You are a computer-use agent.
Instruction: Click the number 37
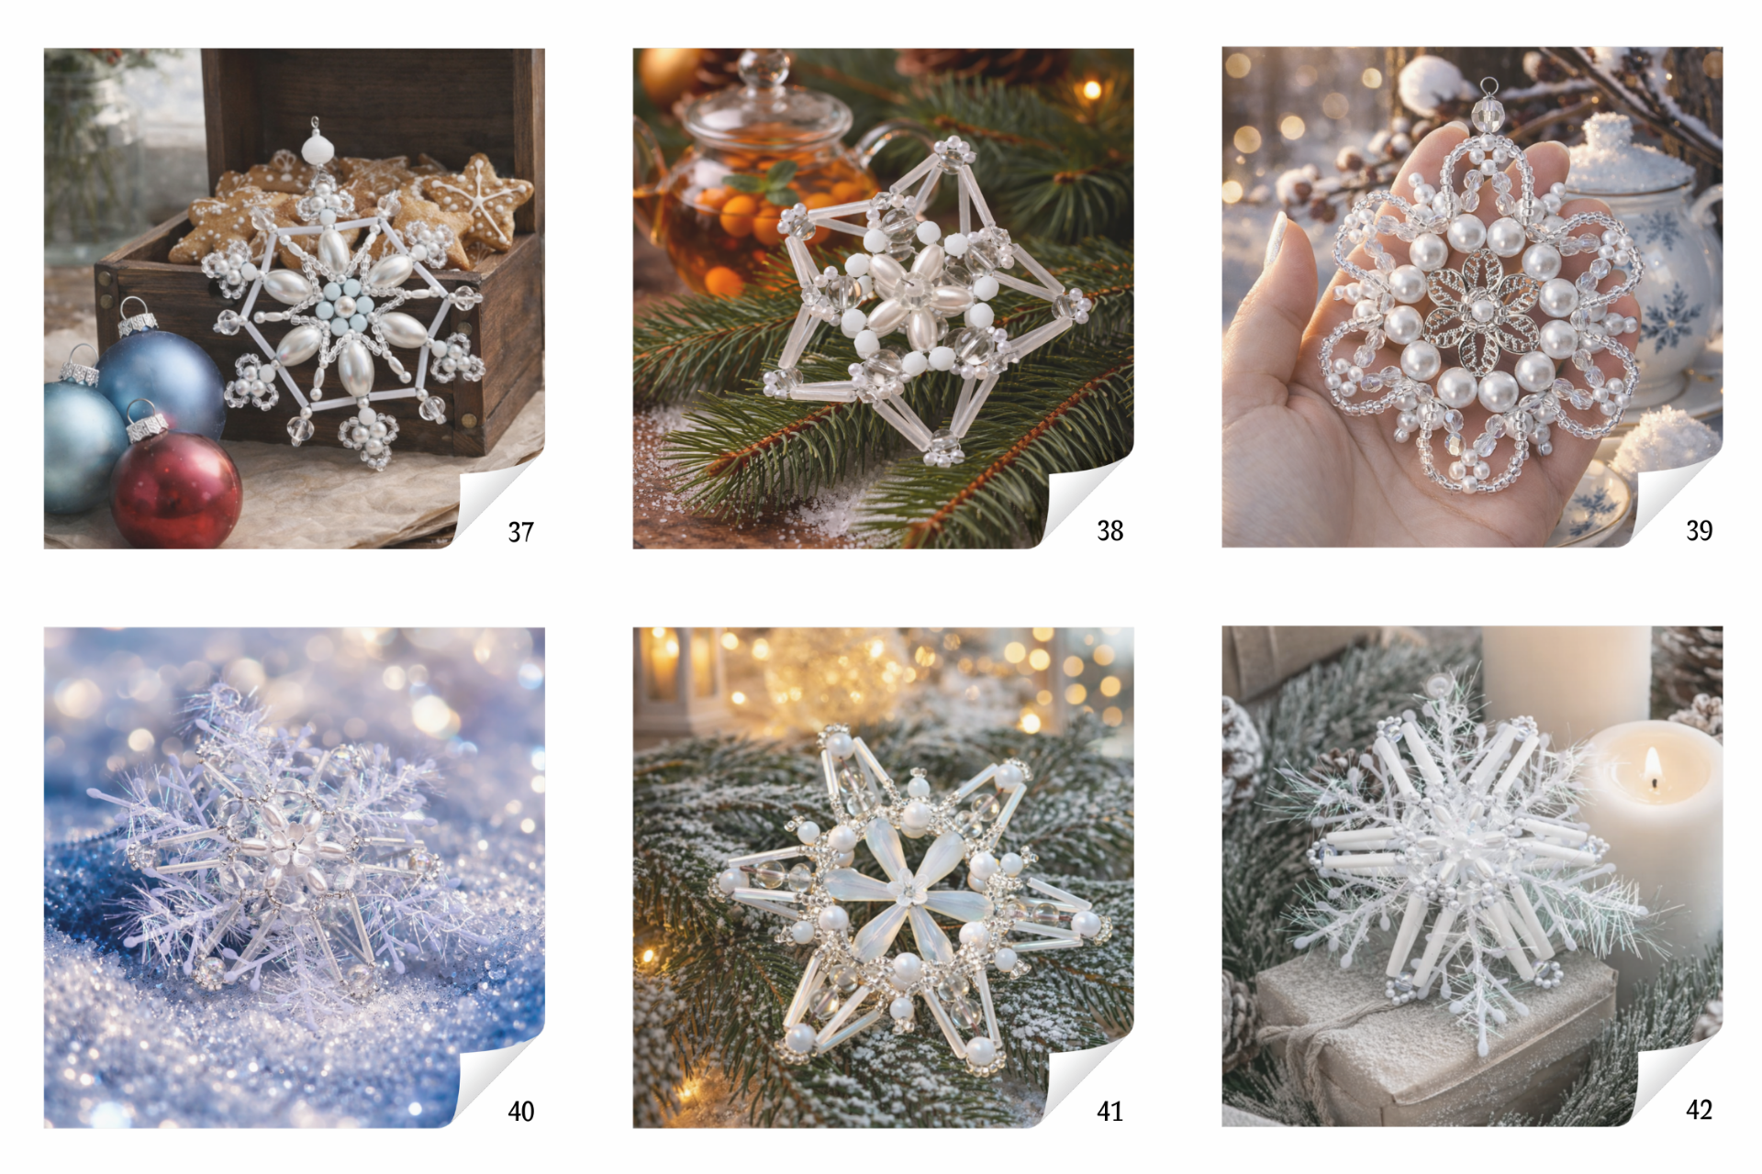click(x=520, y=532)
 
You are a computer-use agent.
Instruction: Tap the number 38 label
click(x=1110, y=531)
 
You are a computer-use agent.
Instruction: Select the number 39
click(x=1699, y=530)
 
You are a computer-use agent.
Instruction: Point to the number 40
click(x=520, y=1112)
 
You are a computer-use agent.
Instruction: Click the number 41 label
click(x=1110, y=1112)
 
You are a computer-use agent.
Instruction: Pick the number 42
click(x=1699, y=1110)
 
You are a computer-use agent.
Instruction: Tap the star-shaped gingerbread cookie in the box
click(x=476, y=197)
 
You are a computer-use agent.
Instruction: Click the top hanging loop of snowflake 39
click(x=1489, y=88)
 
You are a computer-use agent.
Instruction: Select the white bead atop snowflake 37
click(x=316, y=148)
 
